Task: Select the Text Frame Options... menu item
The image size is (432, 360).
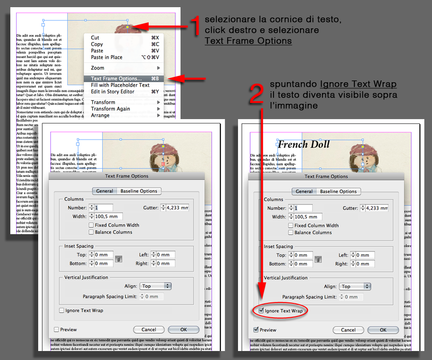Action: [116, 79]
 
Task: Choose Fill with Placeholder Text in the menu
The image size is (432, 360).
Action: [120, 85]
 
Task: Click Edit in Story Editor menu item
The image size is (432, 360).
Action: [112, 92]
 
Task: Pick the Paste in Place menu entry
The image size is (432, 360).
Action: [106, 57]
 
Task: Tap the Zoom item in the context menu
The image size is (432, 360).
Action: [97, 68]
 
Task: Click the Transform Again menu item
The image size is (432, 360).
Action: [110, 109]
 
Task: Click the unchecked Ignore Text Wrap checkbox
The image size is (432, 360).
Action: [62, 310]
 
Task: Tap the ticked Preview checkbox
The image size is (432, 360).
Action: [256, 330]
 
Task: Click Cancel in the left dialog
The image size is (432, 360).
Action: [149, 329]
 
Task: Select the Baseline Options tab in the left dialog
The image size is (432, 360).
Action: [139, 191]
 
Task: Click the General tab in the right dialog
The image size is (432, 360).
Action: [304, 191]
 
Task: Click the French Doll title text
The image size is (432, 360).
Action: [304, 144]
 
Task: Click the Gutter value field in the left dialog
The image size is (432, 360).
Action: [177, 208]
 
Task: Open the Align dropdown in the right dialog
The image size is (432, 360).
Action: [355, 286]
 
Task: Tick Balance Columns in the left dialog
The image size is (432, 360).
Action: [91, 232]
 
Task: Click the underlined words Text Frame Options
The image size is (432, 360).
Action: [248, 41]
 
